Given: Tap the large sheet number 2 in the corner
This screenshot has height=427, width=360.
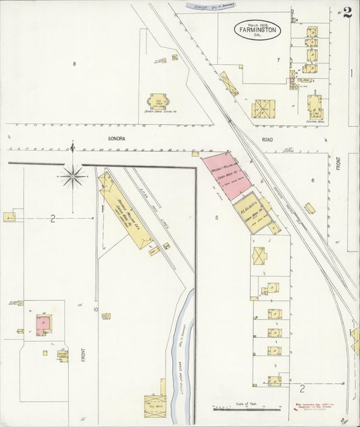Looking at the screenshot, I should tap(347, 13).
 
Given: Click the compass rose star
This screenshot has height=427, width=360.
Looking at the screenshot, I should tap(72, 176).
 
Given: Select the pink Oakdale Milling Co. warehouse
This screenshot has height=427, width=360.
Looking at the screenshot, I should tap(226, 175).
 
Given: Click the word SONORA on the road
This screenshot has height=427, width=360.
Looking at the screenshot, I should tap(118, 137).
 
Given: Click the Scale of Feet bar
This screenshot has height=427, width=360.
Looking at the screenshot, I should tap(246, 409).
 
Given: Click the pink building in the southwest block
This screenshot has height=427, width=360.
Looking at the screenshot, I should tap(43, 324).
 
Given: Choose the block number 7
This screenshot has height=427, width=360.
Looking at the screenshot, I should tap(278, 59).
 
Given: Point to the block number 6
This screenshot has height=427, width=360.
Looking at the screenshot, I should tap(313, 180).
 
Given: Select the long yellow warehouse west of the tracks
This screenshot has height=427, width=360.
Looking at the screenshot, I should tap(124, 210).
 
